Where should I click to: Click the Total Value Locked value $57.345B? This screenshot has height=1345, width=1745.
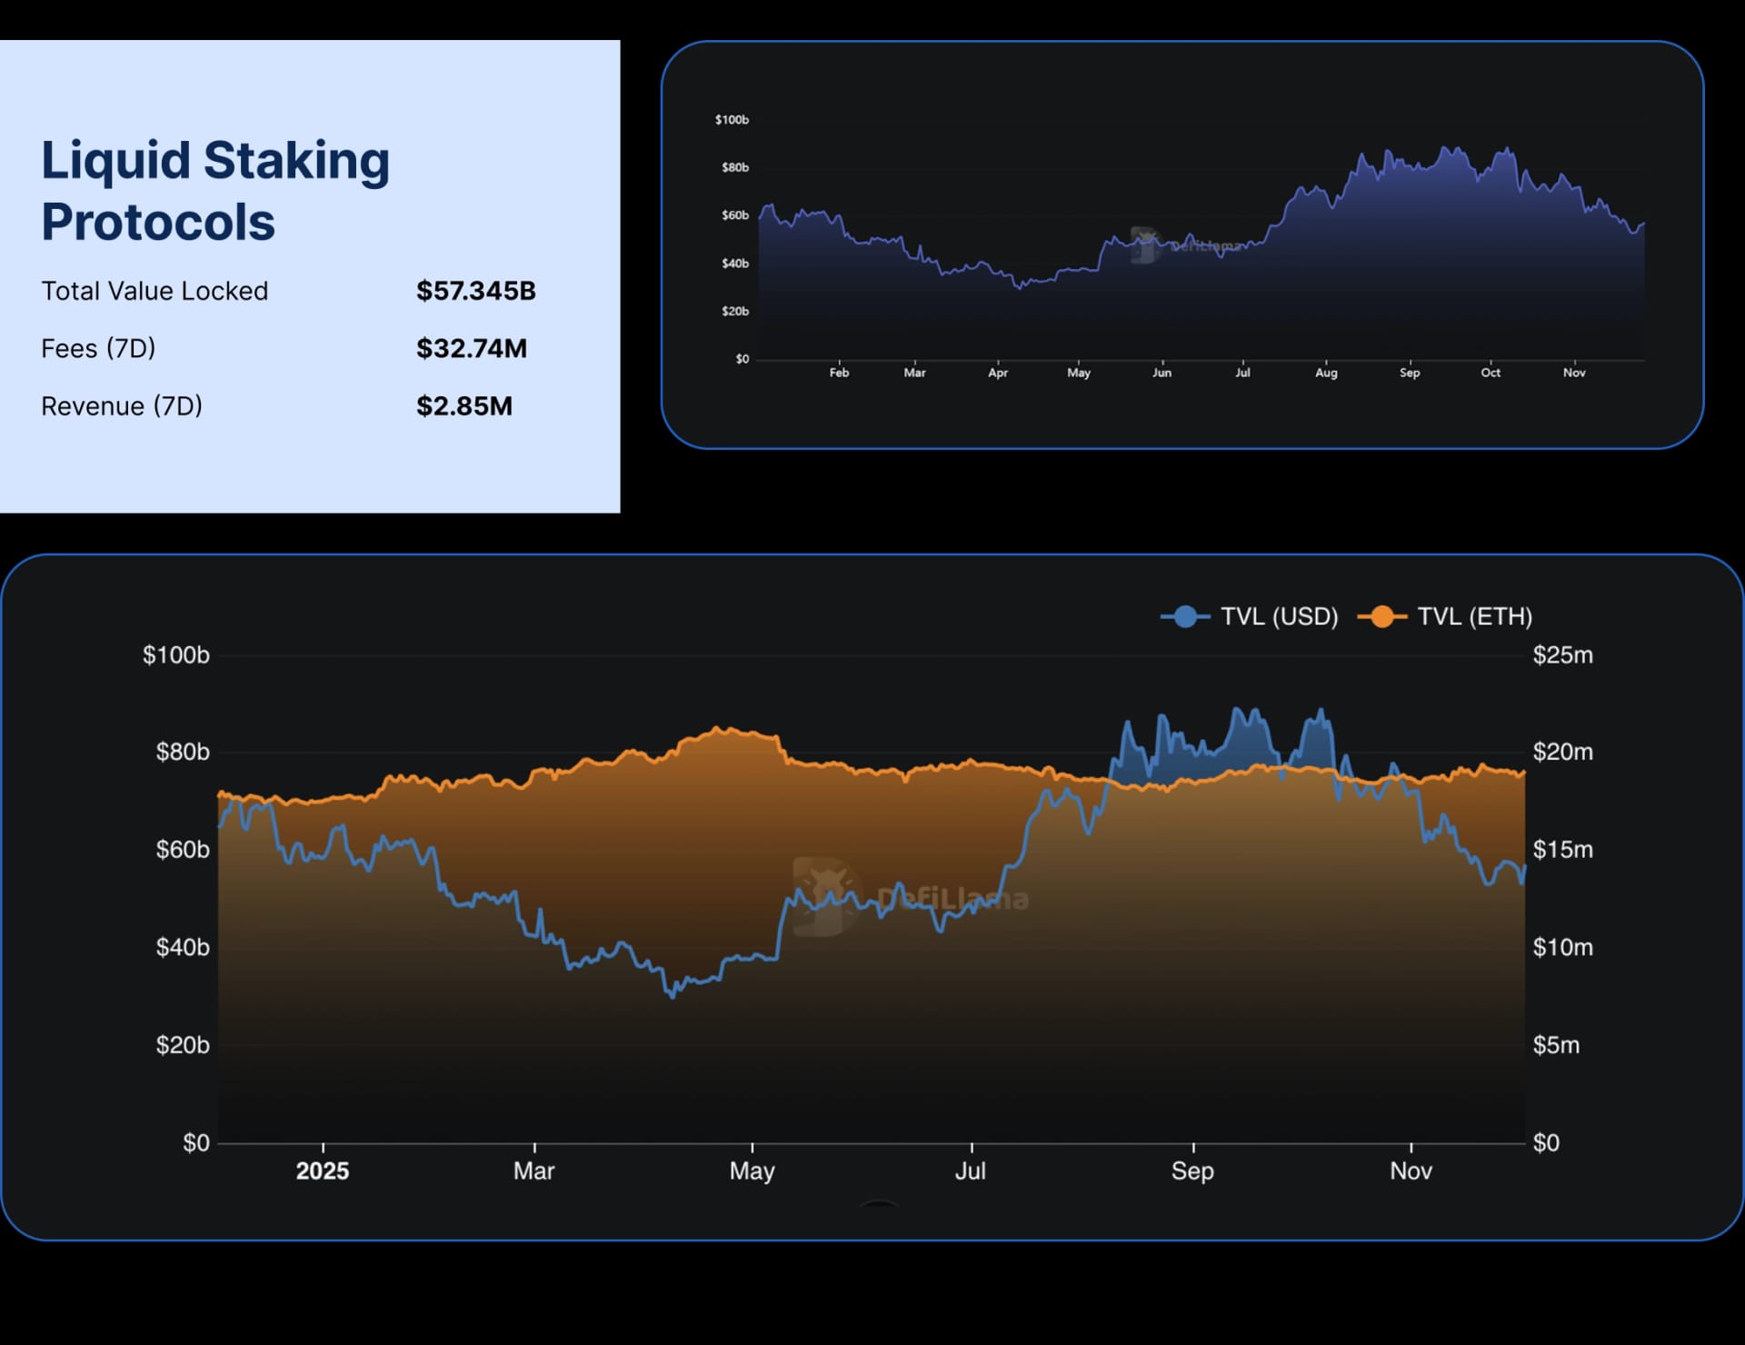pos(475,291)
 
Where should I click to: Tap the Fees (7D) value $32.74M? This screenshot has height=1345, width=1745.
pos(471,348)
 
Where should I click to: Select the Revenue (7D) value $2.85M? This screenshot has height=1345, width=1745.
pos(464,406)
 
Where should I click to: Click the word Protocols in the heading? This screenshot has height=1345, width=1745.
pos(158,223)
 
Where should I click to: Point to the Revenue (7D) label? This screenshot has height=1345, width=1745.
pos(122,406)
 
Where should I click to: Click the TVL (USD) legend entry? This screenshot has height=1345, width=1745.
pos(1250,617)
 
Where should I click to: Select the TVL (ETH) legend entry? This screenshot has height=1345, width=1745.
pos(1446,617)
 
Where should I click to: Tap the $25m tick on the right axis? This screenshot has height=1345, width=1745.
pos(1562,655)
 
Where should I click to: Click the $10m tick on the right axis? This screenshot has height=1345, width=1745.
pos(1562,948)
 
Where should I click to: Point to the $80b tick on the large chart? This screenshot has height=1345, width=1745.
pos(183,752)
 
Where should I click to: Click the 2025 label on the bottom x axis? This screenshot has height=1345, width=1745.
pos(323,1171)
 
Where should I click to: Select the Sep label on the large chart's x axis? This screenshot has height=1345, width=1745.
pos(1192,1171)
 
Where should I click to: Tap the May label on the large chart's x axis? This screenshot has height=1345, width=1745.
pos(752,1171)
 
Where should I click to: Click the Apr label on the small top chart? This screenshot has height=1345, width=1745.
pos(998,373)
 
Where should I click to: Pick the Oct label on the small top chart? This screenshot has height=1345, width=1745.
pos(1491,373)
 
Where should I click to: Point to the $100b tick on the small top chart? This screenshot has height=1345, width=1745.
pos(732,120)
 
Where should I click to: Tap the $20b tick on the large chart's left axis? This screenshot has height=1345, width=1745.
pos(183,1045)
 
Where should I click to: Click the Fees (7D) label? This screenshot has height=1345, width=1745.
pos(98,348)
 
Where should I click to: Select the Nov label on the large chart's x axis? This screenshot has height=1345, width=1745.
pos(1411,1171)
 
